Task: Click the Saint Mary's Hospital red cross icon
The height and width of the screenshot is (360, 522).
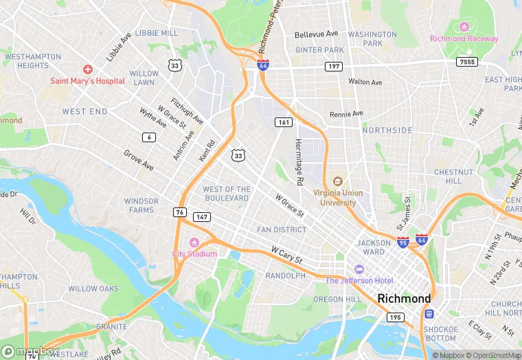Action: point(87,69)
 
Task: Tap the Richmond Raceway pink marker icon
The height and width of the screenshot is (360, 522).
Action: point(464,27)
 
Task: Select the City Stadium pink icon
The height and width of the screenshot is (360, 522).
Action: point(194,243)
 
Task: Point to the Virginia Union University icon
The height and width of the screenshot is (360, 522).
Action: point(337,181)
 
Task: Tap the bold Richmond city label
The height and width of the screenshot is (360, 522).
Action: point(405,299)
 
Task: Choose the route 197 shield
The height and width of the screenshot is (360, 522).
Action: point(333,67)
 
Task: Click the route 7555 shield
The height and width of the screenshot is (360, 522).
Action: point(466,62)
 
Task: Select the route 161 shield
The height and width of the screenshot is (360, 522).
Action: point(284,122)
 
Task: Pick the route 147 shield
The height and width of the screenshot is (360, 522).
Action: point(201,216)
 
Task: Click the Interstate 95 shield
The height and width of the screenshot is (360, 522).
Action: point(403,241)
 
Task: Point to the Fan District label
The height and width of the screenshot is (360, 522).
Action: point(281,229)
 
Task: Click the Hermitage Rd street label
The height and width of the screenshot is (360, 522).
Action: point(299,162)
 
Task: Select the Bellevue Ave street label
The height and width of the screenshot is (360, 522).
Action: point(316,34)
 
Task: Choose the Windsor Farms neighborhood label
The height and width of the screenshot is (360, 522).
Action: point(141,205)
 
